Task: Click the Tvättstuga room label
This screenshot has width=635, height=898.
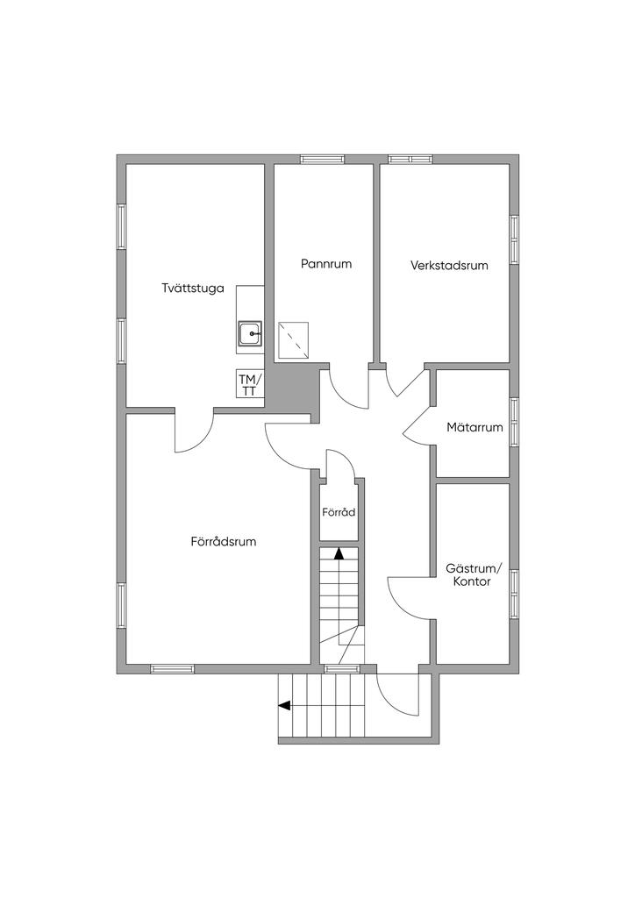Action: pyautogui.click(x=193, y=288)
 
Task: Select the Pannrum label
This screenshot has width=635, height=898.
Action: pyautogui.click(x=325, y=263)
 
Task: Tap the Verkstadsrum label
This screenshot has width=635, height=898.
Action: pyautogui.click(x=449, y=265)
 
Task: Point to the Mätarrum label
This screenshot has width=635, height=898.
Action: pyautogui.click(x=474, y=428)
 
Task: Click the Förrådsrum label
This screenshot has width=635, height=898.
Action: pyautogui.click(x=224, y=541)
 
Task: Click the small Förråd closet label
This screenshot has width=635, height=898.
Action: pyautogui.click(x=339, y=512)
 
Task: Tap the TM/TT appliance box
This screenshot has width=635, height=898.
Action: pyautogui.click(x=249, y=385)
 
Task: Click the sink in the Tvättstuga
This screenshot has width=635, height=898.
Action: pyautogui.click(x=250, y=334)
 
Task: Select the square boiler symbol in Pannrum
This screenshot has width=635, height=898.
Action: pyautogui.click(x=293, y=339)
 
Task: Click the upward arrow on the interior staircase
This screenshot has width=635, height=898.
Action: pyautogui.click(x=339, y=552)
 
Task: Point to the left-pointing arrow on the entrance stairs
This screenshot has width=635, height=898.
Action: pyautogui.click(x=286, y=704)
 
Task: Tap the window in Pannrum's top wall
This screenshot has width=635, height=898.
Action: pyautogui.click(x=321, y=160)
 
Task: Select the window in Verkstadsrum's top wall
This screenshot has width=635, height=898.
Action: pyautogui.click(x=410, y=160)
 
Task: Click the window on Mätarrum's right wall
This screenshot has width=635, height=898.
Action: pyautogui.click(x=515, y=421)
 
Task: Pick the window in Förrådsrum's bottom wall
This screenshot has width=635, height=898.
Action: pyautogui.click(x=172, y=669)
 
